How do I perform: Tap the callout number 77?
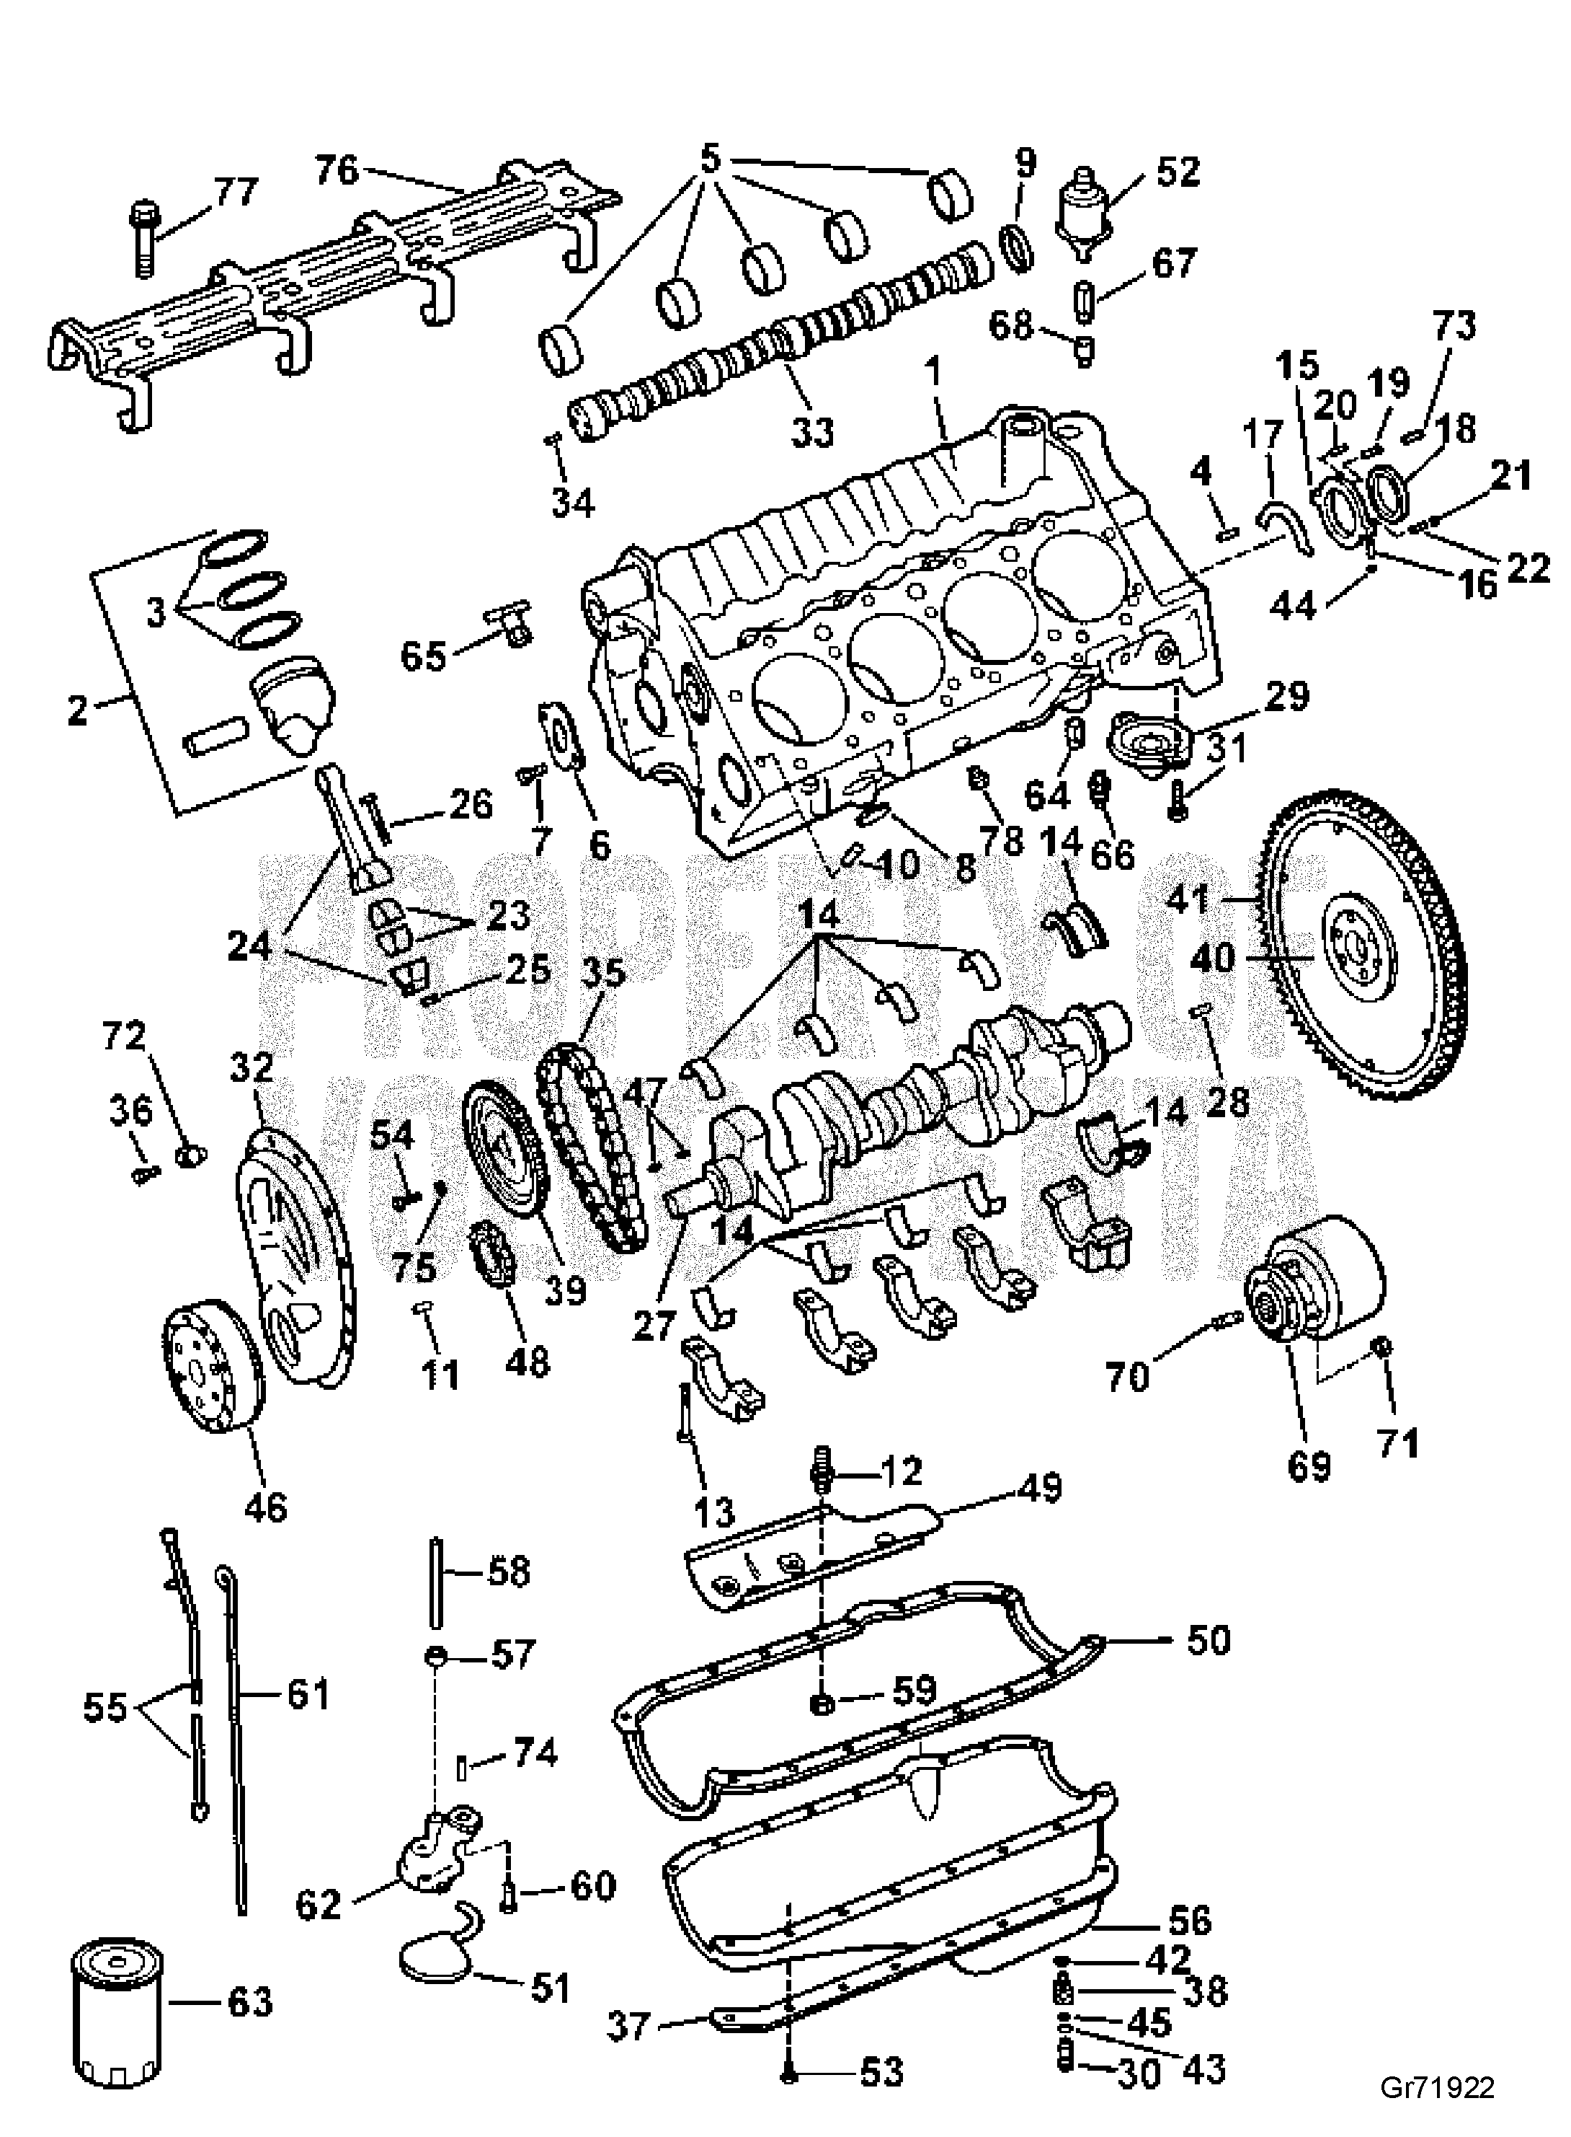(x=235, y=191)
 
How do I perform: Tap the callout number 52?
(x=1178, y=172)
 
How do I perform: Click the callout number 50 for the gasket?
(x=1209, y=1639)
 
